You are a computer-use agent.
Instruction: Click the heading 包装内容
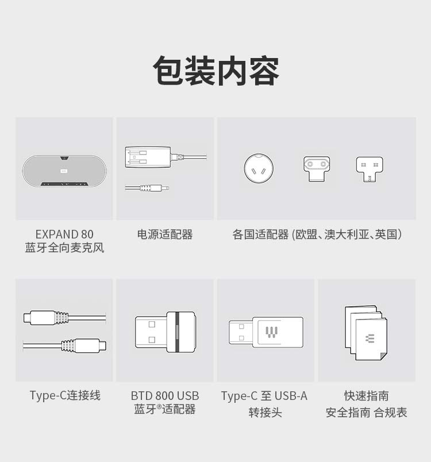pyautogui.click(x=215, y=71)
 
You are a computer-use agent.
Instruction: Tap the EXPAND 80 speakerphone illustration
pyautogui.click(x=64, y=171)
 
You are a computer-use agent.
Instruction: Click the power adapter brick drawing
pyautogui.click(x=148, y=157)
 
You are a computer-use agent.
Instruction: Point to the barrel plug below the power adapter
pyautogui.click(x=147, y=188)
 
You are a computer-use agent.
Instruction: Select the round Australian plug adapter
pyautogui.click(x=259, y=168)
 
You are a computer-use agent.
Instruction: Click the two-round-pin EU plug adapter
pyautogui.click(x=317, y=169)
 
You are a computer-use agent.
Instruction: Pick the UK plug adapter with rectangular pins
pyautogui.click(x=370, y=169)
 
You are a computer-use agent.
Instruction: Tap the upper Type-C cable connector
pyautogui.click(x=46, y=318)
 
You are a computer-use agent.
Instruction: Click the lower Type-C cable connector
pyautogui.click(x=84, y=345)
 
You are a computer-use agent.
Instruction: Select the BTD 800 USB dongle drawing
pyautogui.click(x=166, y=332)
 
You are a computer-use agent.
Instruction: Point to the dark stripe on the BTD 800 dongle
pyautogui.click(x=177, y=332)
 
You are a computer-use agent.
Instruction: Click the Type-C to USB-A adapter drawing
pyautogui.click(x=266, y=332)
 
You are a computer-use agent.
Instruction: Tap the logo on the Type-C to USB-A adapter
pyautogui.click(x=271, y=332)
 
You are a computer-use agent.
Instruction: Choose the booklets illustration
pyautogui.click(x=366, y=333)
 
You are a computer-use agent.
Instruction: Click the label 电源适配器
pyautogui.click(x=165, y=234)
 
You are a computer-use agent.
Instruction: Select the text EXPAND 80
pyautogui.click(x=64, y=234)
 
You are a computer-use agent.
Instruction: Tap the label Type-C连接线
pyautogui.click(x=65, y=395)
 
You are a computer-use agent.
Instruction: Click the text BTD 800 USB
pyautogui.click(x=165, y=396)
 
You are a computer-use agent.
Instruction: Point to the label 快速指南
pyautogui.click(x=367, y=396)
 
